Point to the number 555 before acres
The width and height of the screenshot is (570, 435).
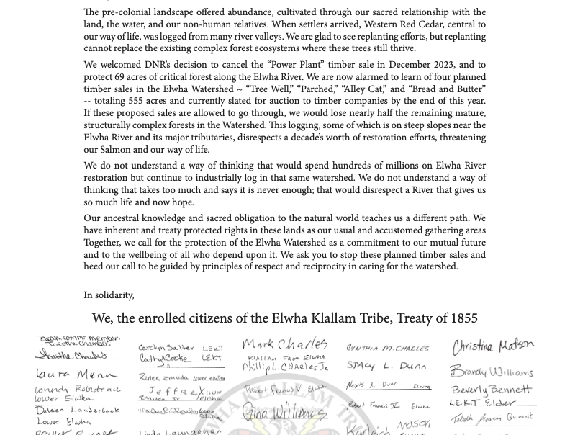tap(138, 101)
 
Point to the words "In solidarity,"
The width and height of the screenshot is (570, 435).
tap(109, 295)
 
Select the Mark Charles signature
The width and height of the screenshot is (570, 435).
tap(285, 344)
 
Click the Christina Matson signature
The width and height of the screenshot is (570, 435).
tap(493, 346)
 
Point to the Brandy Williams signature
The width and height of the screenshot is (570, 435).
tap(492, 372)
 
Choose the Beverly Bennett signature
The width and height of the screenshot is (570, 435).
tap(492, 390)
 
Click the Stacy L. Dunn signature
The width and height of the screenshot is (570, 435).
tap(386, 366)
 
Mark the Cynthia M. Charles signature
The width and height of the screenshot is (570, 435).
tap(387, 349)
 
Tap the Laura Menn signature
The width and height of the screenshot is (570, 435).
tap(75, 375)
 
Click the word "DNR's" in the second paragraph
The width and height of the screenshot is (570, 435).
tap(160, 65)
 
